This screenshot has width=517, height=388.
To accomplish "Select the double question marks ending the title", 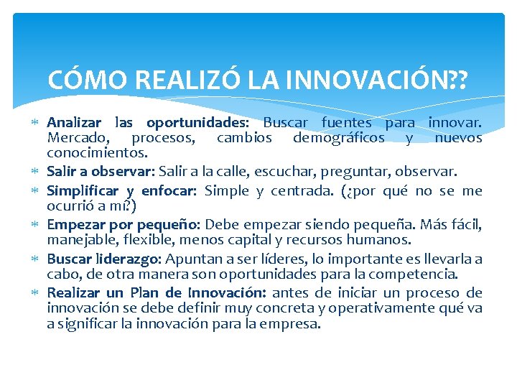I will coord(456,79).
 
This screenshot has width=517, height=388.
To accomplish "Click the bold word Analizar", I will coord(74,122).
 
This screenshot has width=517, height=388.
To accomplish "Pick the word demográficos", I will coord(338,137).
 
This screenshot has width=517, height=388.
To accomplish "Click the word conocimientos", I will coord(96,152).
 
